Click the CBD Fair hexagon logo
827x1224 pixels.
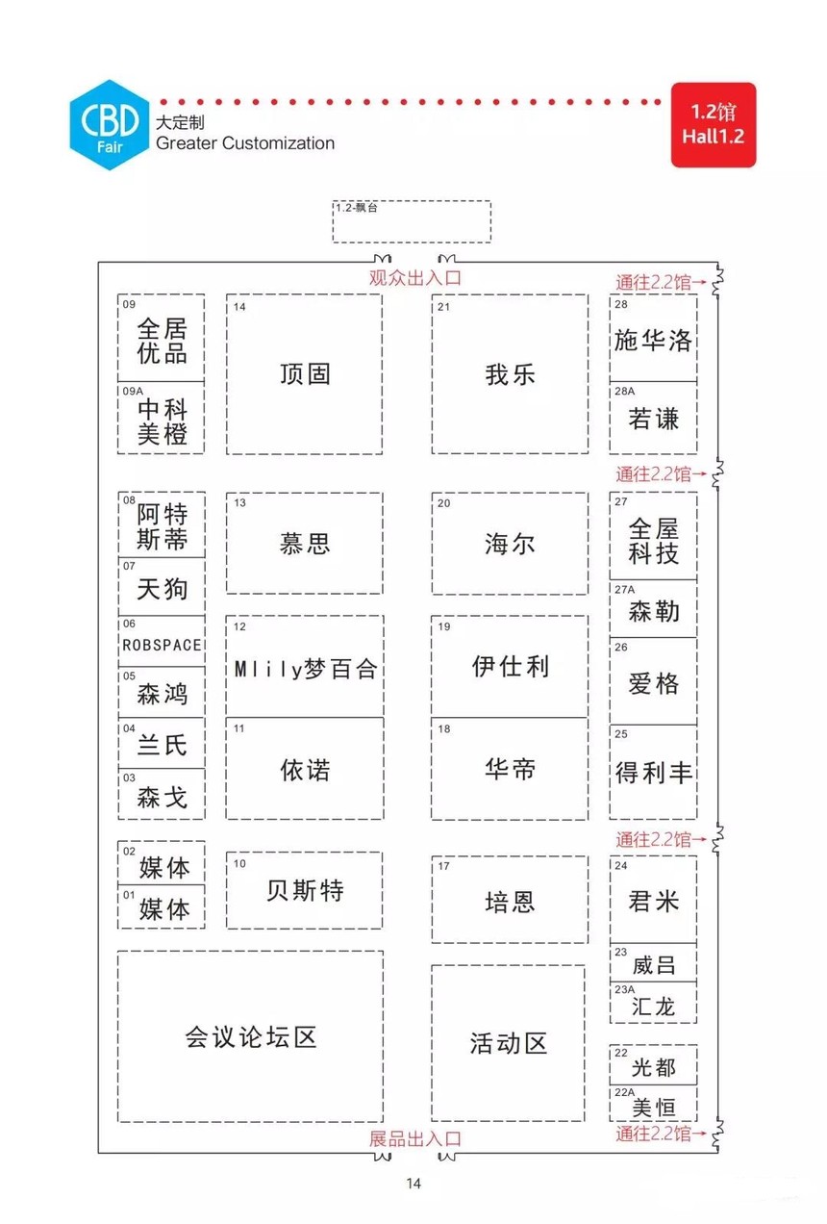[110, 124]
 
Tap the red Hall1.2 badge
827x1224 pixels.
[713, 124]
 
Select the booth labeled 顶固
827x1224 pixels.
[304, 374]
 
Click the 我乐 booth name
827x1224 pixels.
[510, 375]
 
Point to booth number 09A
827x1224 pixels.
[133, 392]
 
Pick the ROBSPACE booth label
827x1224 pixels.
[162, 646]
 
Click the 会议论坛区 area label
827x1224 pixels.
[251, 1037]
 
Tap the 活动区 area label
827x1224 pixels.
[509, 1043]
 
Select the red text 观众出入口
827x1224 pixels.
[415, 277]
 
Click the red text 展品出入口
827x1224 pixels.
[415, 1138]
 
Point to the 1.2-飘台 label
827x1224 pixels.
[356, 208]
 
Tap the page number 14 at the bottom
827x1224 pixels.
[413, 1184]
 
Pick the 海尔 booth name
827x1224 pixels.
[510, 545]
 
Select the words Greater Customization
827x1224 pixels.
[245, 143]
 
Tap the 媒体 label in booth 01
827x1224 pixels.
[164, 909]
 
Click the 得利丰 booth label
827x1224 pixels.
[654, 773]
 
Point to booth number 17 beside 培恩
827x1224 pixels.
[443, 866]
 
